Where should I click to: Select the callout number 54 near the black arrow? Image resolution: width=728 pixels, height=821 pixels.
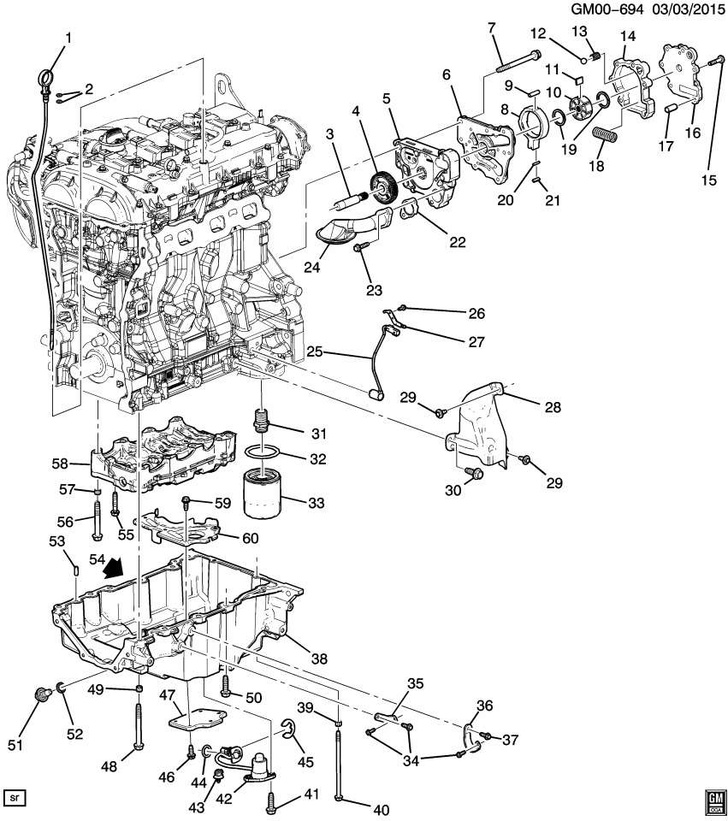pyautogui.click(x=86, y=556)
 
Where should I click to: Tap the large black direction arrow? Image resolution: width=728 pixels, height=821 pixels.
pyautogui.click(x=111, y=568)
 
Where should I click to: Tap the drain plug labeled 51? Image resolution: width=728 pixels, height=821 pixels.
pyautogui.click(x=38, y=697)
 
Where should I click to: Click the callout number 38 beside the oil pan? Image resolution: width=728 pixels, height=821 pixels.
pyautogui.click(x=319, y=659)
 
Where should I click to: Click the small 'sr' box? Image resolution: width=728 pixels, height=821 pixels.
pyautogui.click(x=15, y=797)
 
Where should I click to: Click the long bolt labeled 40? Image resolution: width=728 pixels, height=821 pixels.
pyautogui.click(x=340, y=761)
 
